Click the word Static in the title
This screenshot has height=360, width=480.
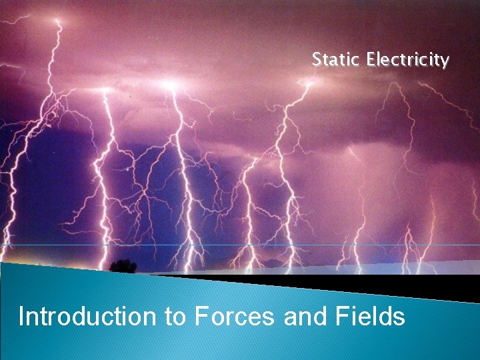[335, 60]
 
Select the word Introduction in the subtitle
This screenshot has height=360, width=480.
[87, 315]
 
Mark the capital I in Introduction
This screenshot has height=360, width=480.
[22, 315]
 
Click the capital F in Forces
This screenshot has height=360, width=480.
[201, 315]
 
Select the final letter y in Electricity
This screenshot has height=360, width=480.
[444, 62]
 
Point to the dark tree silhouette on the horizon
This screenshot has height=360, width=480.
[123, 266]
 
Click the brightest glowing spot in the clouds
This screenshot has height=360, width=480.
[169, 86]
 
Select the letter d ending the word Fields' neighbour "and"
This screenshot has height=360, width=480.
[311, 315]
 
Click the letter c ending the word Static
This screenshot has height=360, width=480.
[355, 61]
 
